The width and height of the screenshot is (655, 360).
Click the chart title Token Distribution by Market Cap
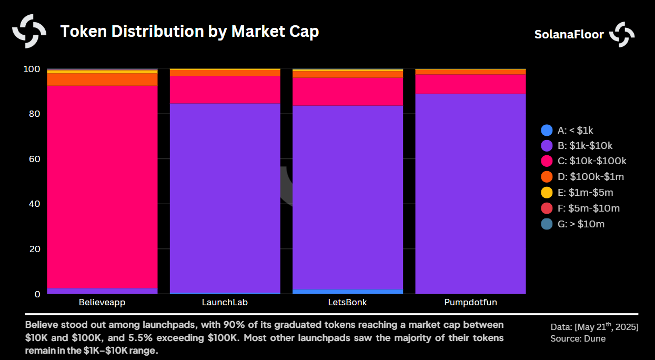point(189,32)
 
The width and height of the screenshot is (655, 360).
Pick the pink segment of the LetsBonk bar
point(347,92)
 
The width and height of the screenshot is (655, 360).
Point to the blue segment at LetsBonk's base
point(347,291)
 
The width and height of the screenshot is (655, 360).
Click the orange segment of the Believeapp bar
point(102,79)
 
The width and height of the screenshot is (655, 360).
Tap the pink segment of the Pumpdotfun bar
point(470,84)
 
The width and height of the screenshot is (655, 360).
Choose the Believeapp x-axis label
point(102,303)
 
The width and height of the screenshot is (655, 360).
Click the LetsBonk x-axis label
point(347,303)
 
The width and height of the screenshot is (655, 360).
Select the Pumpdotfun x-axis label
point(470,303)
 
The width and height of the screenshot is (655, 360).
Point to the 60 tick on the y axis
point(34,159)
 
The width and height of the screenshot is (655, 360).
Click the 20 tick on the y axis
point(34,249)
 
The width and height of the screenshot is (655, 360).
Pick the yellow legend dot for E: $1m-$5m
point(547,193)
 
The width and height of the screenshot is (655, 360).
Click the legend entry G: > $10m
point(581,224)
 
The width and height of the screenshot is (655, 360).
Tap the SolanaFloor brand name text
point(569,35)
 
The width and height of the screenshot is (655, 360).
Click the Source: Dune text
point(578,338)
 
